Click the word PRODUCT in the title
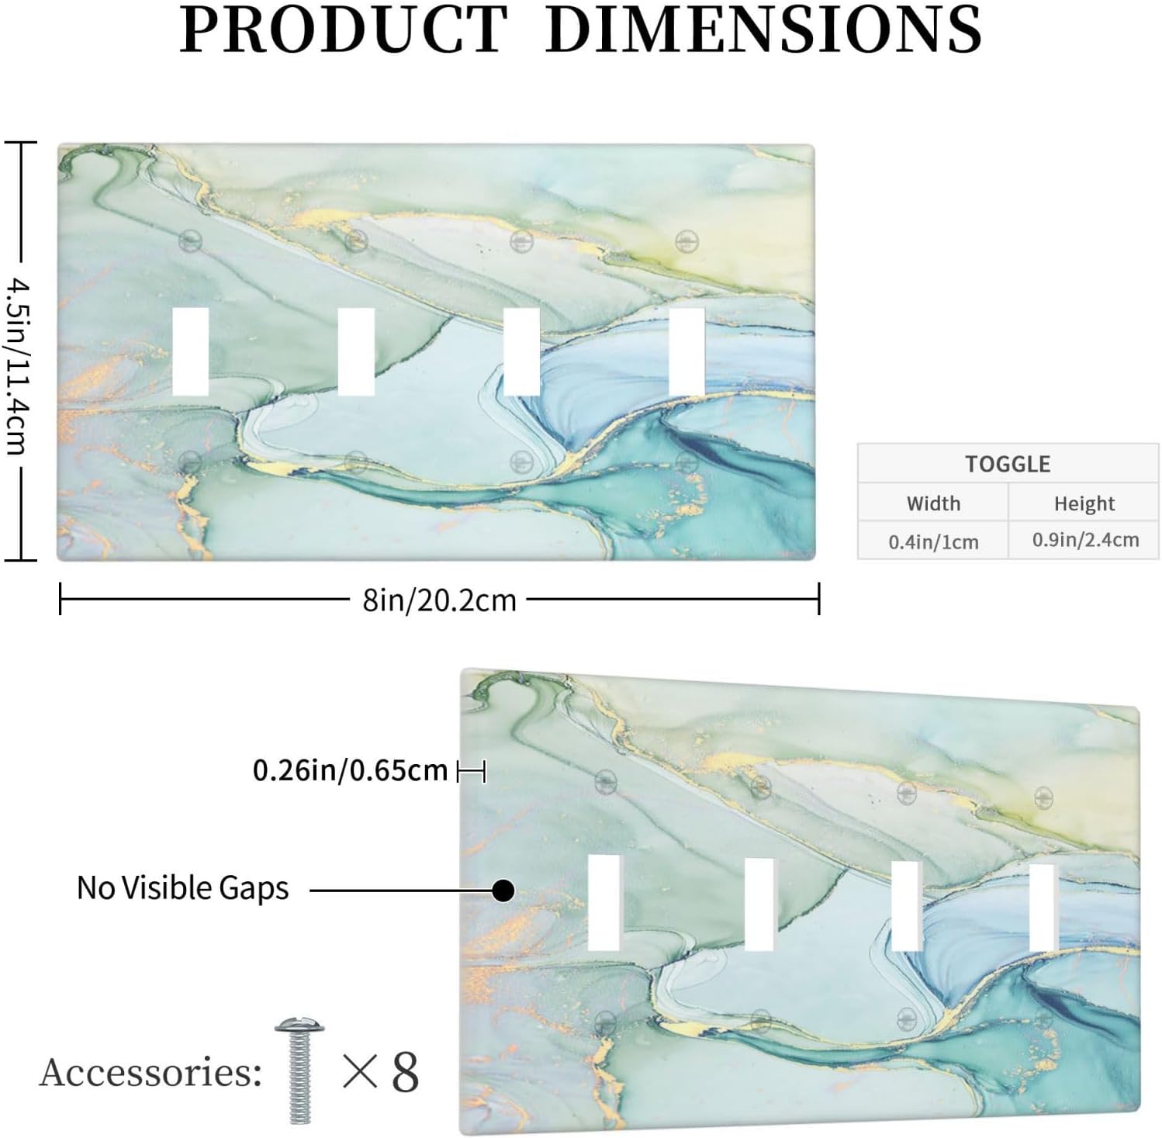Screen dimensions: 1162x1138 (x=344, y=29)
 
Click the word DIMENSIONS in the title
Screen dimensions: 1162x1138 (x=764, y=29)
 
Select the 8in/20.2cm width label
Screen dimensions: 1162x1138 (x=439, y=600)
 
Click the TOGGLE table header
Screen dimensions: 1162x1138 (x=1008, y=464)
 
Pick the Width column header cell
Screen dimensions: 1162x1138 (x=933, y=503)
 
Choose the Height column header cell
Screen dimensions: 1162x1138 (x=1084, y=504)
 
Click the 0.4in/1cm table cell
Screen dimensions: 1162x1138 (x=933, y=541)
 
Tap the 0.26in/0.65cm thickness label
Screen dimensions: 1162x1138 (x=351, y=770)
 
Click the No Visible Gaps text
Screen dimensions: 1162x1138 (x=183, y=887)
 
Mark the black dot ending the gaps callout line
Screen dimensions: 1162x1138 (x=503, y=891)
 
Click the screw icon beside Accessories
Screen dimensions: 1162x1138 (x=299, y=1070)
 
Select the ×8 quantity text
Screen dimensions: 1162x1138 (x=380, y=1073)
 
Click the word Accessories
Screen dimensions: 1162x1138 (x=150, y=1073)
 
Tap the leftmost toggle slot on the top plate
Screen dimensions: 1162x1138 (x=190, y=351)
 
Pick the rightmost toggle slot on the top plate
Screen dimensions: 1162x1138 (x=686, y=351)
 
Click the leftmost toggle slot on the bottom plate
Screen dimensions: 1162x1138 (x=604, y=902)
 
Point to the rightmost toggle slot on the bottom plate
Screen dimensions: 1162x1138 (x=1042, y=907)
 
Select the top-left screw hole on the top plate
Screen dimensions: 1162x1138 (x=189, y=240)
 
